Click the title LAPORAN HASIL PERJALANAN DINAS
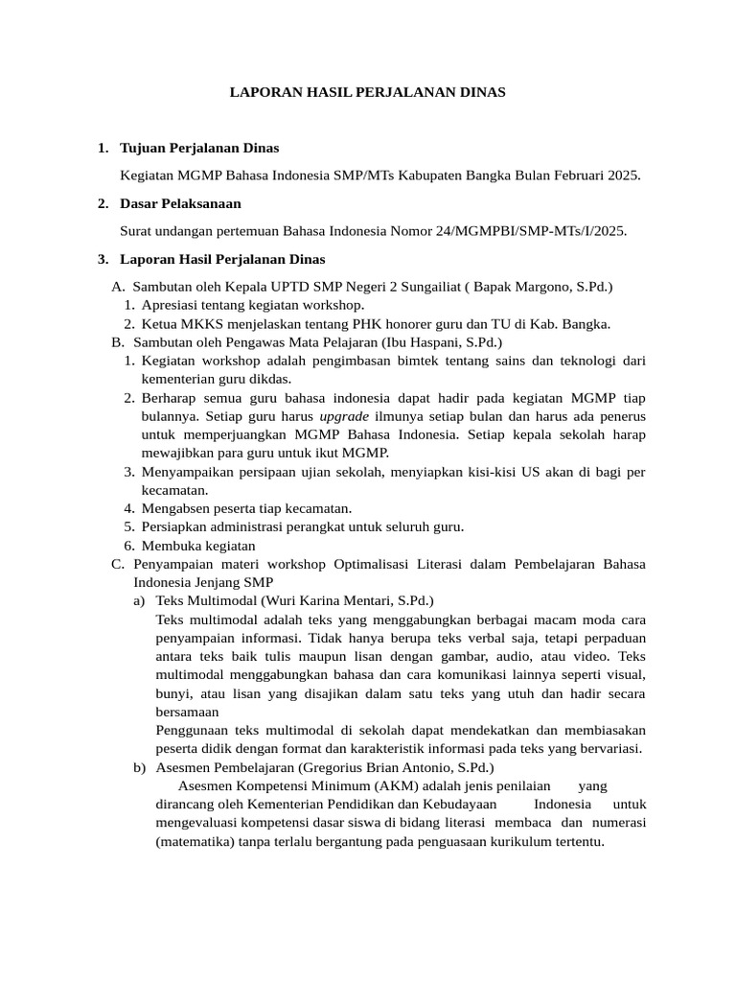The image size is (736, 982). tap(367, 92)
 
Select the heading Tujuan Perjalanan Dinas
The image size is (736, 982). tap(199, 149)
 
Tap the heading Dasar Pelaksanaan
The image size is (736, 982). tap(180, 203)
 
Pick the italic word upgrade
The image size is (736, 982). tap(345, 416)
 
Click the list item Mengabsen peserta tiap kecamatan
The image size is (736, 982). tap(246, 508)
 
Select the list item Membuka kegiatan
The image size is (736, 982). tap(198, 545)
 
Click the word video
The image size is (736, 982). tap(593, 656)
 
